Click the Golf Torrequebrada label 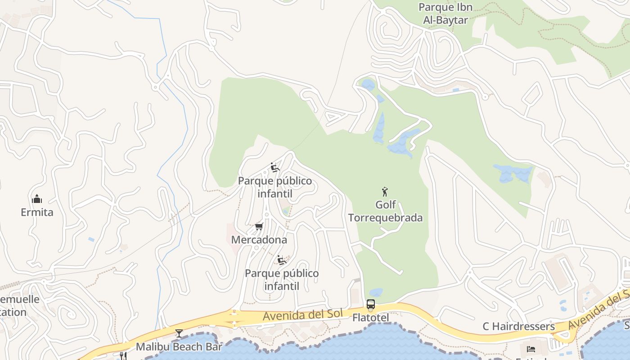click(385, 211)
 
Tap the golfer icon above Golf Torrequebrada click(385, 192)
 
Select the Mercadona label click(259, 240)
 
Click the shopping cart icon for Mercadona click(259, 226)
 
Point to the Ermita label click(37, 212)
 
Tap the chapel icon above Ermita click(37, 198)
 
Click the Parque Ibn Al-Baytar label click(445, 13)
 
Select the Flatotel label click(370, 318)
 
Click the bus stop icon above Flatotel click(370, 305)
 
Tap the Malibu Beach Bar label click(179, 347)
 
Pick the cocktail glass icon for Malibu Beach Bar click(179, 333)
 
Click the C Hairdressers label click(518, 327)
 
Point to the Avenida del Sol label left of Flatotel click(303, 315)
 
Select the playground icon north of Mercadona click(274, 167)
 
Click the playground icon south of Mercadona click(282, 260)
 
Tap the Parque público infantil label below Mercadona click(282, 279)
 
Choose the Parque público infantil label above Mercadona click(274, 187)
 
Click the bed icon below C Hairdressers click(531, 349)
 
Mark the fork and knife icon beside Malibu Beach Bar click(123, 355)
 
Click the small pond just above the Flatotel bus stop click(376, 292)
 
